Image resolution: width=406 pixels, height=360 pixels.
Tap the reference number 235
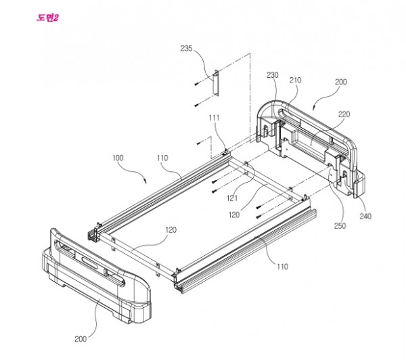(186, 48)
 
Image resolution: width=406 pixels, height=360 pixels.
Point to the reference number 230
(273, 74)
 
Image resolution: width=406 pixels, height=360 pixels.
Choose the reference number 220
(344, 114)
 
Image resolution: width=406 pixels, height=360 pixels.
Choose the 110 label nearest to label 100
(162, 158)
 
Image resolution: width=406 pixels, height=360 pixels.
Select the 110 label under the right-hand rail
(279, 267)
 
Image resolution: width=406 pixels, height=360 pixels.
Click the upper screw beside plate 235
(195, 83)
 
